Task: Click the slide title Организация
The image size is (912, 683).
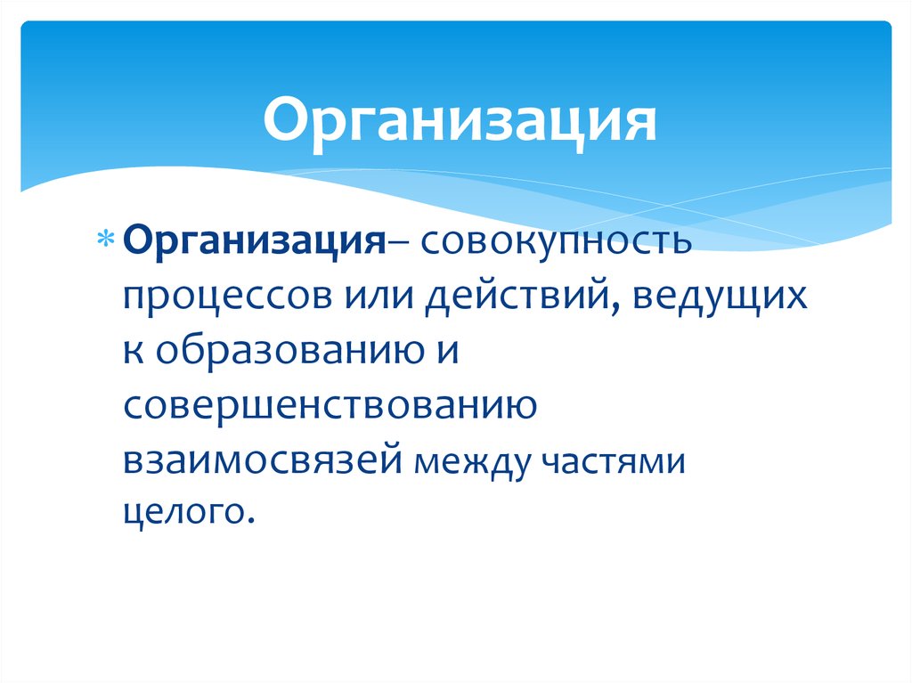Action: pyautogui.click(x=460, y=123)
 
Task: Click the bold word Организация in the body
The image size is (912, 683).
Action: pyautogui.click(x=253, y=241)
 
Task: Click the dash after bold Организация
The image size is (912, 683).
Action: pyautogui.click(x=395, y=242)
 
